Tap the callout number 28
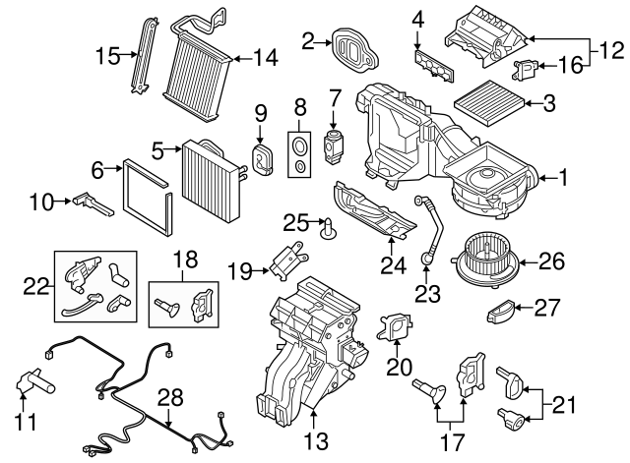170,397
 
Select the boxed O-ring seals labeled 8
296,151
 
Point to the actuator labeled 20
394,326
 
